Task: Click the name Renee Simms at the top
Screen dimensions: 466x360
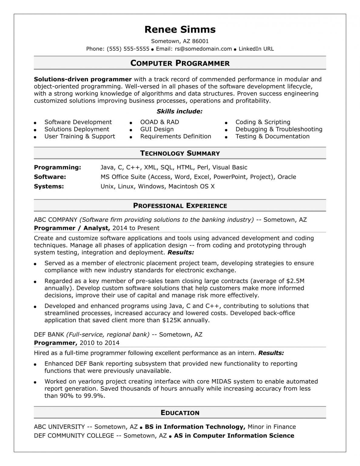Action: tap(180, 29)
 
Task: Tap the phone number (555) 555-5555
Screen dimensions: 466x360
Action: tap(128, 49)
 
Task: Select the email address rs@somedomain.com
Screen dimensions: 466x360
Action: tap(203, 49)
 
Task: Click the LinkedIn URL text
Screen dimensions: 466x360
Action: tap(256, 49)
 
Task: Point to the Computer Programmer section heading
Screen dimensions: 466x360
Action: tap(180, 63)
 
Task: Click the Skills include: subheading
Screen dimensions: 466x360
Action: tap(180, 111)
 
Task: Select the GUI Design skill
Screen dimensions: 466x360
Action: tap(157, 129)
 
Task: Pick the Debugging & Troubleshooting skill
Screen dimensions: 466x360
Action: tap(279, 129)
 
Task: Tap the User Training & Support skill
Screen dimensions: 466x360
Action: tap(80, 137)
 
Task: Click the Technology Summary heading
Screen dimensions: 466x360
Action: tap(180, 153)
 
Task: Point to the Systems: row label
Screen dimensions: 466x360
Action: tap(49, 186)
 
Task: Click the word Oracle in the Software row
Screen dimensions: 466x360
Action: tap(287, 177)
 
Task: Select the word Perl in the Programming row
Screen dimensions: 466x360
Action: tap(203, 167)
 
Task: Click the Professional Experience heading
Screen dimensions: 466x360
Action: tap(180, 206)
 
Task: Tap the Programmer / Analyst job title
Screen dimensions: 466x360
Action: tap(71, 228)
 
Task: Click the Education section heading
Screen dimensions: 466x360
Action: tap(180, 413)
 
